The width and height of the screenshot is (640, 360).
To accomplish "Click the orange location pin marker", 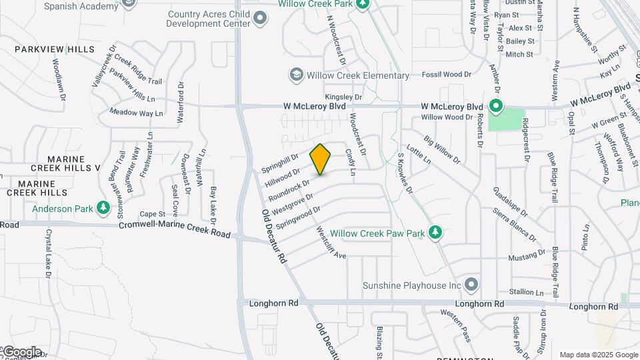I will [321, 159].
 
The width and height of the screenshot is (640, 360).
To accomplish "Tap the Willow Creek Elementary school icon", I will [295, 75].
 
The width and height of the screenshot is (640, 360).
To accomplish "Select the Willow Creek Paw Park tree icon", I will [435, 233].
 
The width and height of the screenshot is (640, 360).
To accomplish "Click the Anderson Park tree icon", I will [103, 209].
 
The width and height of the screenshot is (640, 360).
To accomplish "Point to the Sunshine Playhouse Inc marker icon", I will [472, 285].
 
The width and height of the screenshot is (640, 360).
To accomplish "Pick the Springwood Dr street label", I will [298, 218].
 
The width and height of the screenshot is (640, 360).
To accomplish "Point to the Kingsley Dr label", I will [344, 97].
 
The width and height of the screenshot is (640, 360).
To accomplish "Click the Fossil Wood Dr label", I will [447, 75].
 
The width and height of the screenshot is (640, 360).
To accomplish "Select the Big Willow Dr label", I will [441, 150].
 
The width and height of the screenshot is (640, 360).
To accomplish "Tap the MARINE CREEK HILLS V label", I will [57, 164].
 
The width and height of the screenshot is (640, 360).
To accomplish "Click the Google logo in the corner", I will [21, 352].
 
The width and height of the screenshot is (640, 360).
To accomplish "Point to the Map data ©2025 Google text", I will [598, 355].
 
